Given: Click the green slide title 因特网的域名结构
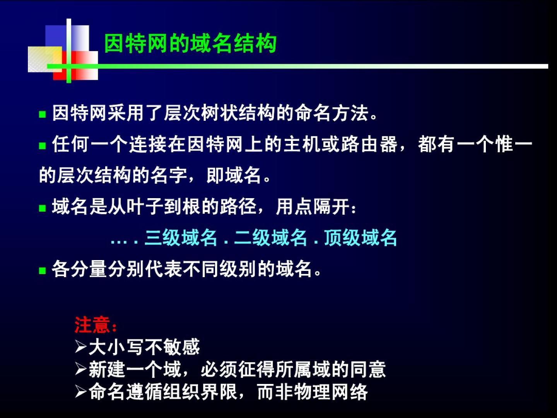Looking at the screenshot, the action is point(190,44).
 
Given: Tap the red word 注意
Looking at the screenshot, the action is point(92,325).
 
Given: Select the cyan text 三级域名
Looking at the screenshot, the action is point(181,238).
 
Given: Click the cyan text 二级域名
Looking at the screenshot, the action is point(270,238).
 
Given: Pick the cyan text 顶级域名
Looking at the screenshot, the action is point(361,238).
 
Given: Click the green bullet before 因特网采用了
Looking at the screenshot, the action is point(43,115).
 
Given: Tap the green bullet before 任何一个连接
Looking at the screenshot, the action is point(43,146).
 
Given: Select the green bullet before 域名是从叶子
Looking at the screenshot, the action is point(43,208).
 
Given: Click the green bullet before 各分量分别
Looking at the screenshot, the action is point(43,271).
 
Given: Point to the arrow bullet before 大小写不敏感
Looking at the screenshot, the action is point(81,347).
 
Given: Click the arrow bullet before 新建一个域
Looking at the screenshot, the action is point(81,369).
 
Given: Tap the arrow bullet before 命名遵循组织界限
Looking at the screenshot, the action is point(81,392).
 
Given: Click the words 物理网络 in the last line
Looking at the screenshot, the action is point(331,392).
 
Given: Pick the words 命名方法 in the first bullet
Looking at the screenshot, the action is point(331,113).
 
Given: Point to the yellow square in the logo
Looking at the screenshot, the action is point(45,59).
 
